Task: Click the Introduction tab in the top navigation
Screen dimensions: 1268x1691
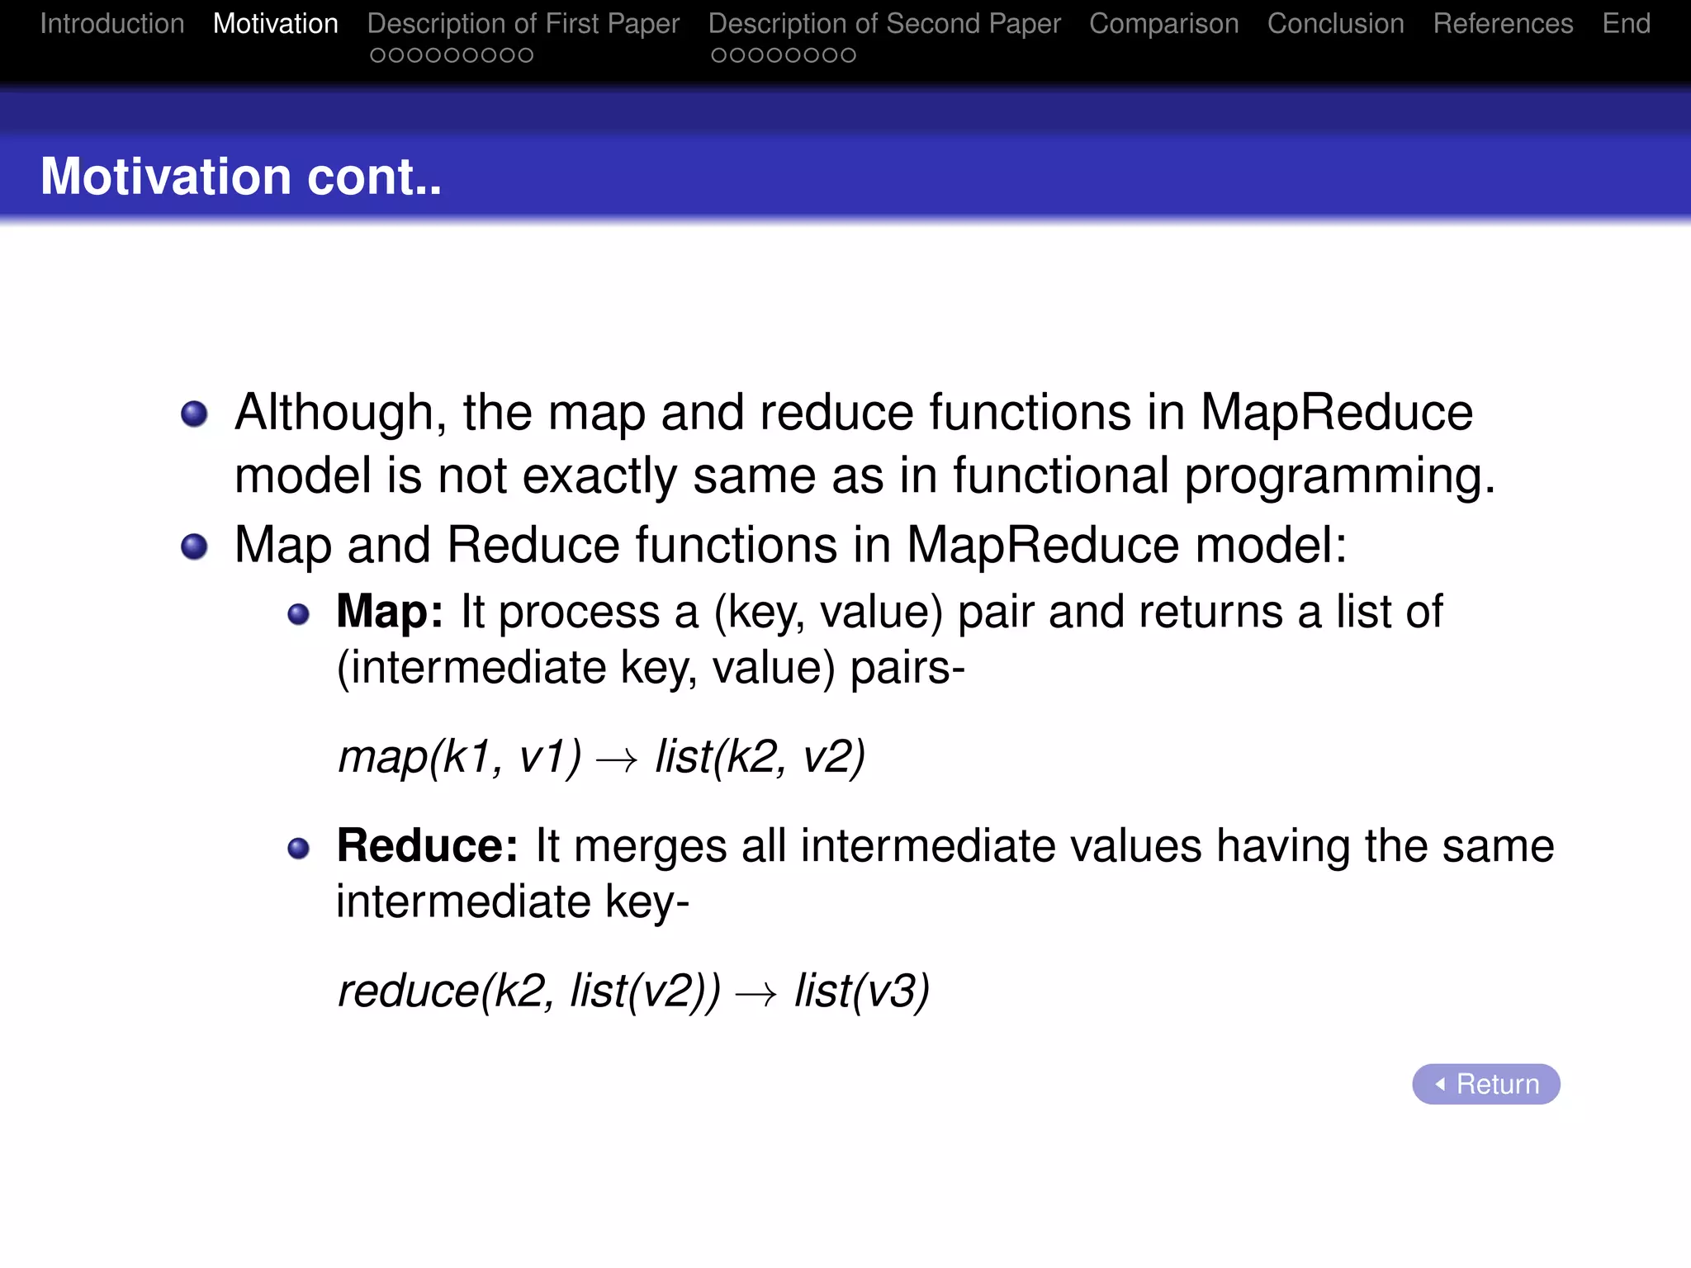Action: (112, 24)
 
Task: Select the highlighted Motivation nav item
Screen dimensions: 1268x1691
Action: (276, 24)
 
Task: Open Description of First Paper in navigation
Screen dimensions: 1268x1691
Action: (523, 24)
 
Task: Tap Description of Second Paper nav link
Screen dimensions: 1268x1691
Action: (884, 24)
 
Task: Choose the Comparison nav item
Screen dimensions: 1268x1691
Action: (1163, 24)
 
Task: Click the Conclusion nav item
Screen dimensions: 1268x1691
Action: (1335, 24)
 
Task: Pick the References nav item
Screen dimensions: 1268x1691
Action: (1503, 24)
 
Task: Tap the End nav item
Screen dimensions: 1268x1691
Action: (1626, 24)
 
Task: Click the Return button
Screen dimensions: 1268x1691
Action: (1485, 1084)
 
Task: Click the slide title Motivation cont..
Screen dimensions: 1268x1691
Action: (241, 177)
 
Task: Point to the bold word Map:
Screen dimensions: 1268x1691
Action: (390, 612)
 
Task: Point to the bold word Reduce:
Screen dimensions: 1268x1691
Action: (427, 846)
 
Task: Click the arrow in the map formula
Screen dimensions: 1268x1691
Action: (617, 759)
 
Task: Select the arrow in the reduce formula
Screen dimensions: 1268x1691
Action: (756, 994)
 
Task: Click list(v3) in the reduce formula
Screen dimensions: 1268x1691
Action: (861, 991)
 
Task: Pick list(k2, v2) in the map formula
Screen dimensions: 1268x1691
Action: (760, 756)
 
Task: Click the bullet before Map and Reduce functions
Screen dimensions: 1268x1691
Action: (194, 546)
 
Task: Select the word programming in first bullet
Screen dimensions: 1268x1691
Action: (1338, 477)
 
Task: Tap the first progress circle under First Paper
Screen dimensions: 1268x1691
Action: (377, 55)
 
